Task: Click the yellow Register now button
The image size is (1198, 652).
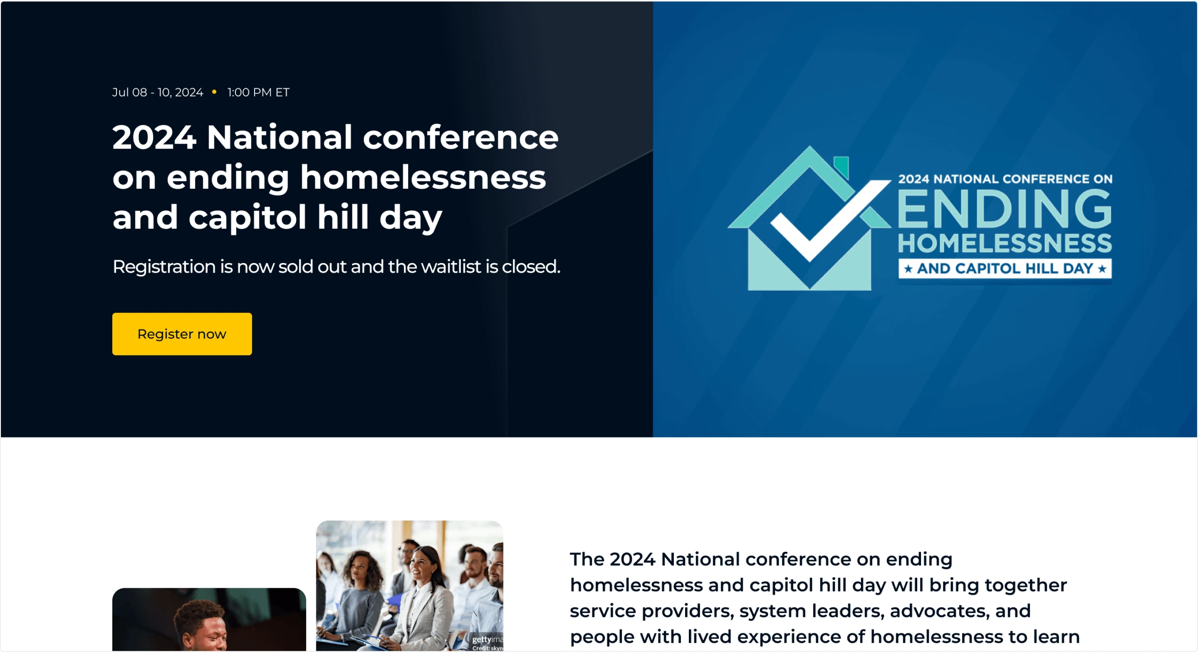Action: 182,334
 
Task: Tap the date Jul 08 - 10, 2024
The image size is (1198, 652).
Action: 158,92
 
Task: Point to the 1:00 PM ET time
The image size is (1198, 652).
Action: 258,92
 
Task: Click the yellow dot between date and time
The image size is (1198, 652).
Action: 214,92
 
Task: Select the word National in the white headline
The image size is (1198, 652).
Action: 279,137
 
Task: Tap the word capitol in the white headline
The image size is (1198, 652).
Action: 247,218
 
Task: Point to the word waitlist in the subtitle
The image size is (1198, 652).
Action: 451,267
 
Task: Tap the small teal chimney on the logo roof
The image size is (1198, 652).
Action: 841,167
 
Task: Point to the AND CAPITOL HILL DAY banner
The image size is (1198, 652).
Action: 1005,268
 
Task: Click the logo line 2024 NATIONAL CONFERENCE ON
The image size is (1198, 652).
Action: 1005,179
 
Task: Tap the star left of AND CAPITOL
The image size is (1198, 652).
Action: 908,269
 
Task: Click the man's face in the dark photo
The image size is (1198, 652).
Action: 206,630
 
